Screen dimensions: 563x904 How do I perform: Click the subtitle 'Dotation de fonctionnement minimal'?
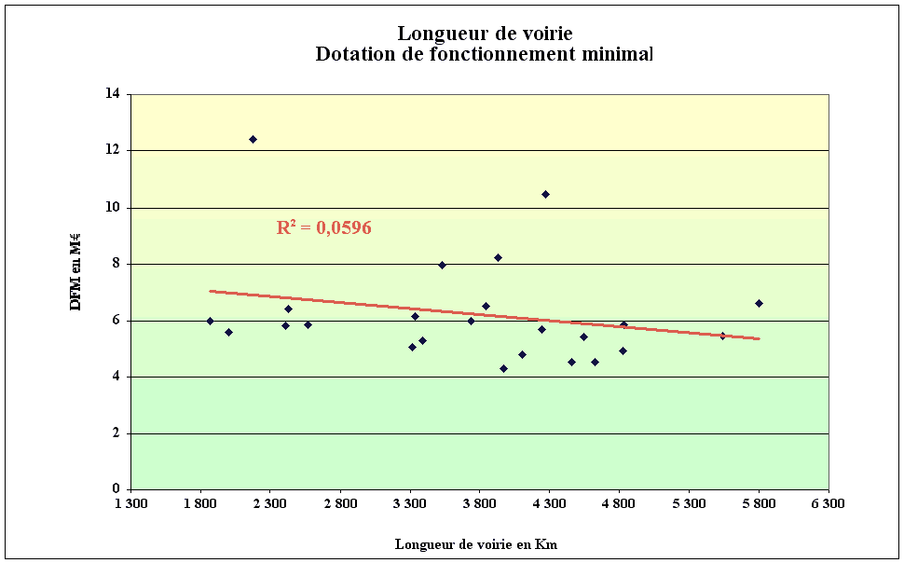484,54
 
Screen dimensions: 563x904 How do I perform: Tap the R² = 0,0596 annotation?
323,227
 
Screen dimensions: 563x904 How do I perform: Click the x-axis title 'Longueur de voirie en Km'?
476,544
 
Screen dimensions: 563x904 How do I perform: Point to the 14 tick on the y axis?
113,94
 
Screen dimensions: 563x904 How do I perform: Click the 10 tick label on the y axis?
113,207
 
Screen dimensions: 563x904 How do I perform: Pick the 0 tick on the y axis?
116,489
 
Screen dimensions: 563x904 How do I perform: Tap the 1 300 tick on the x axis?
130,504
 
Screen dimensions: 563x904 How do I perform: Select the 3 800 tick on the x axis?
479,504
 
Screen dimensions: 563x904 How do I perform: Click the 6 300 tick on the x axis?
828,504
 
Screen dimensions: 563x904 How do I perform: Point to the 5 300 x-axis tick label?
689,504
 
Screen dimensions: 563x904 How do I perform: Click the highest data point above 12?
253,139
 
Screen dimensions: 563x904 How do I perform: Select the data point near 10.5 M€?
545,194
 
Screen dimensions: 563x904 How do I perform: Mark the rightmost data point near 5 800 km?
759,303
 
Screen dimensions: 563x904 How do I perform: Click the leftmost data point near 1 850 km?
210,321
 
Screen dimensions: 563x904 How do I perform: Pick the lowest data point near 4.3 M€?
503,368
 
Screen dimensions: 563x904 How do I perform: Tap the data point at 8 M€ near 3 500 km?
442,265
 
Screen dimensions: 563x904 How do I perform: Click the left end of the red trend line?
211,291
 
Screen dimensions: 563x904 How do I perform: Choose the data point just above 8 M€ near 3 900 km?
498,257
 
